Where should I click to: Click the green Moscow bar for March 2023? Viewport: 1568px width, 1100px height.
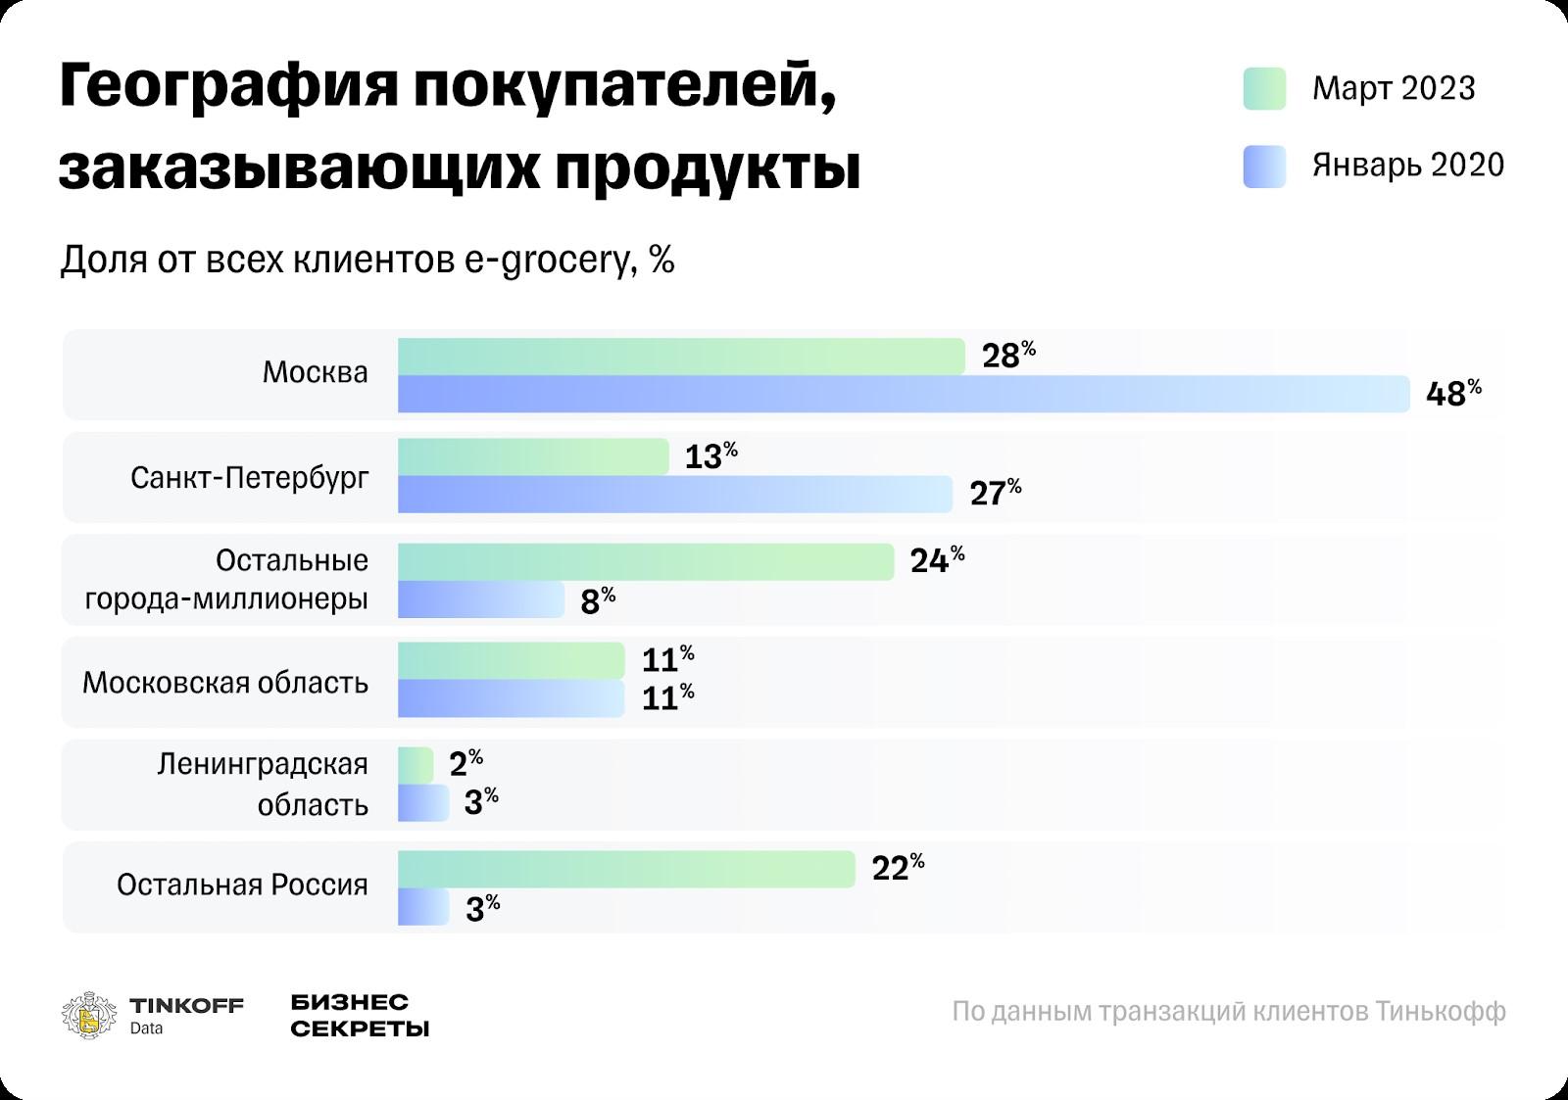[681, 357]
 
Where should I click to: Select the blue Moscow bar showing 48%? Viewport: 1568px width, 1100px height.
[903, 394]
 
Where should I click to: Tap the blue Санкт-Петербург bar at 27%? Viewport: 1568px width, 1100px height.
[674, 494]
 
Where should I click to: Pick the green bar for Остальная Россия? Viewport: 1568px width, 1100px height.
[626, 869]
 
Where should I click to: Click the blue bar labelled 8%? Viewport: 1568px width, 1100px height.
[480, 599]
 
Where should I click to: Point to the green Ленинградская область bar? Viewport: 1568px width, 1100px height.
[416, 765]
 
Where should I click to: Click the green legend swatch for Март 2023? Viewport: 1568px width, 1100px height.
[1264, 89]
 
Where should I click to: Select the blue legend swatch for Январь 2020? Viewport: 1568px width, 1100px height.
[1264, 167]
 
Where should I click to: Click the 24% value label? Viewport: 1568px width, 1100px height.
[937, 559]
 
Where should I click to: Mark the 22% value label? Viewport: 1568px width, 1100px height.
[898, 867]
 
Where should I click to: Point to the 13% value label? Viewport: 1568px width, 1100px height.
[710, 456]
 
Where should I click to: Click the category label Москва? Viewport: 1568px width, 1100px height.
[316, 373]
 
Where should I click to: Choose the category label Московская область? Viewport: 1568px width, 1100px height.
[225, 683]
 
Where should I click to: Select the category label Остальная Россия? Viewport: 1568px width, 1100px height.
[242, 885]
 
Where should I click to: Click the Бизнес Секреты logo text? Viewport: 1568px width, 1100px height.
[360, 1016]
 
